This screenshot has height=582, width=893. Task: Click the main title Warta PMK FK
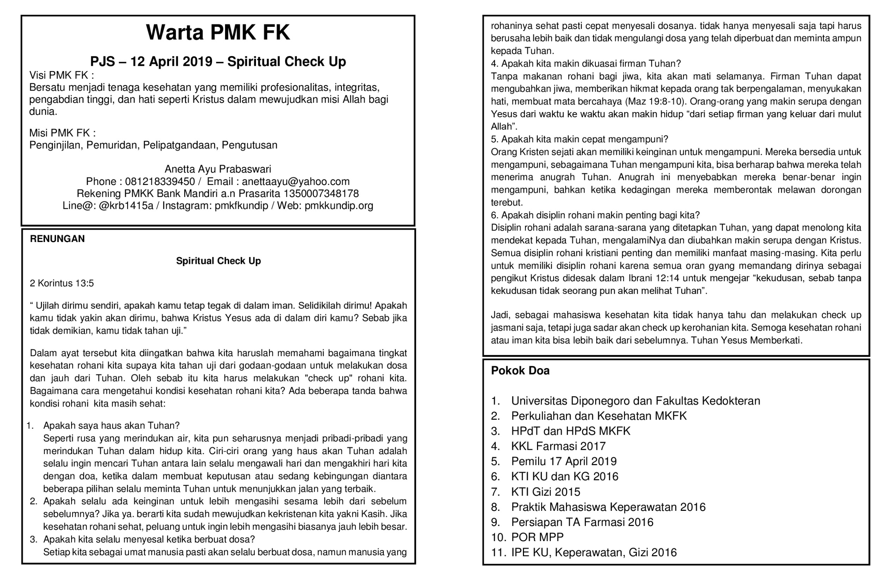(218, 32)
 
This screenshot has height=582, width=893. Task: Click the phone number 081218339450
(160, 182)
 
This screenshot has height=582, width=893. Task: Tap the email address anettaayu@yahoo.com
(296, 182)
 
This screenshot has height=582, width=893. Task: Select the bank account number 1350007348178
(321, 194)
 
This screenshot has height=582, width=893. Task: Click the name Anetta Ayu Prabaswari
(218, 169)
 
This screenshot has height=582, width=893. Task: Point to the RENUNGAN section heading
(57, 239)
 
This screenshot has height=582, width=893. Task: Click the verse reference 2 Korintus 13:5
(62, 284)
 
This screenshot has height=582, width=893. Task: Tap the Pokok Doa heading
(520, 371)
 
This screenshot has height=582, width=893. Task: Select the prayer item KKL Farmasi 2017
(558, 446)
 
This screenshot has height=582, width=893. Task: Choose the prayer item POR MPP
(537, 537)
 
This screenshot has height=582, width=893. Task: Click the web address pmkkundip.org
(339, 206)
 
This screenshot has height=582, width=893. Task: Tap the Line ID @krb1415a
(126, 206)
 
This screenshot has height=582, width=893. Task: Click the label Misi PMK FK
(62, 133)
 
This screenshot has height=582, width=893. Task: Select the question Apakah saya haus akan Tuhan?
(111, 426)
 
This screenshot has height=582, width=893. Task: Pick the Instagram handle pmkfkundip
(241, 206)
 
